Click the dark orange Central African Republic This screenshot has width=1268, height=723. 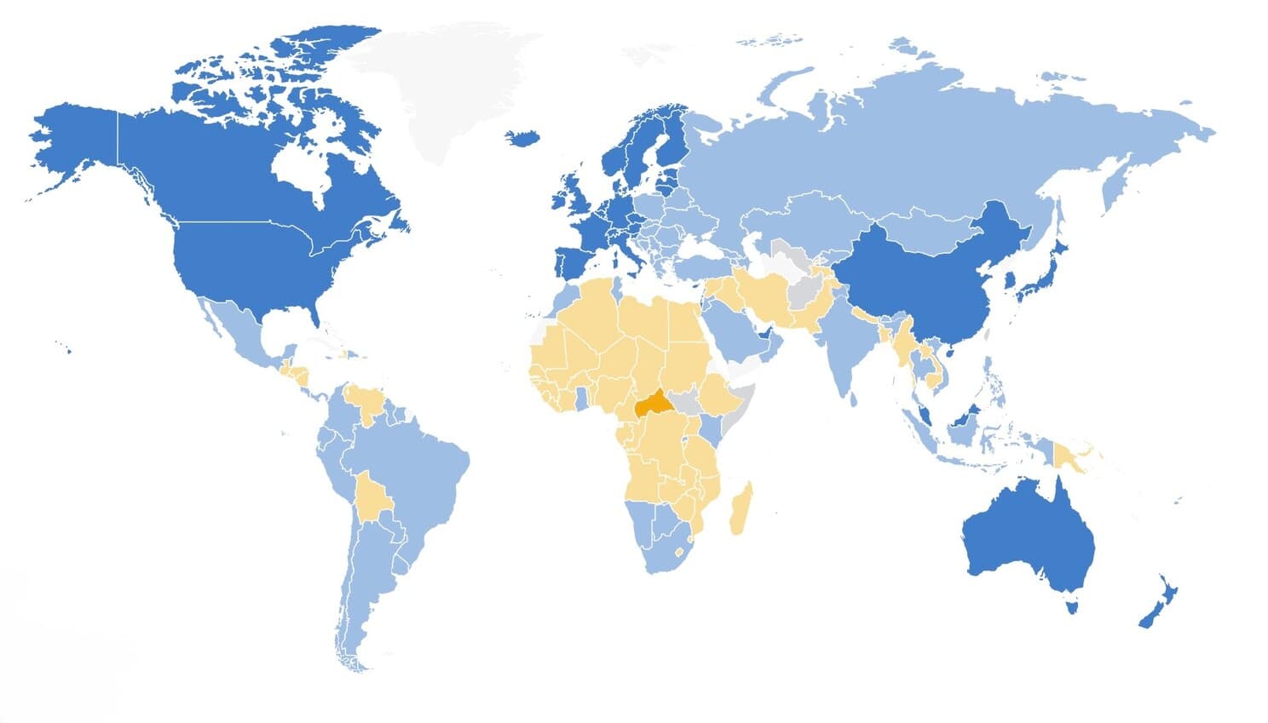coord(651,403)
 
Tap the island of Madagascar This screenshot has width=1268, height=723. coord(740,509)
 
